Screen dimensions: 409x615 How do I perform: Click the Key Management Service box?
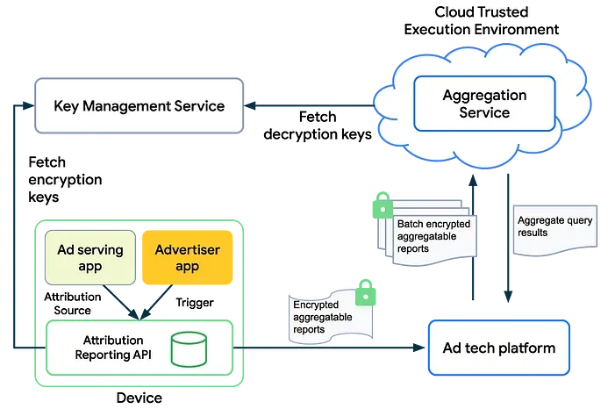coord(139,106)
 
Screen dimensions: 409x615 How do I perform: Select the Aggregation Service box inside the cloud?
coord(484,104)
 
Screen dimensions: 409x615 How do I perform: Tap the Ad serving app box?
coord(89,258)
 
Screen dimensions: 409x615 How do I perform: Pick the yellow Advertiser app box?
coord(188,258)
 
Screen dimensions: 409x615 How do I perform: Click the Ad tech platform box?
coord(498,348)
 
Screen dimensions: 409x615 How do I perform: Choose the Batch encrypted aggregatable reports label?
coord(433,236)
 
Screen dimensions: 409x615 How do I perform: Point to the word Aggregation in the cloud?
coord(484,95)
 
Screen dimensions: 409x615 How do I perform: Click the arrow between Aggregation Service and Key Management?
coord(311,106)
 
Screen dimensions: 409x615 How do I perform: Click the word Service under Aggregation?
coord(484,112)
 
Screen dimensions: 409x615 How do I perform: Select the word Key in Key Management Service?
coord(67,106)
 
